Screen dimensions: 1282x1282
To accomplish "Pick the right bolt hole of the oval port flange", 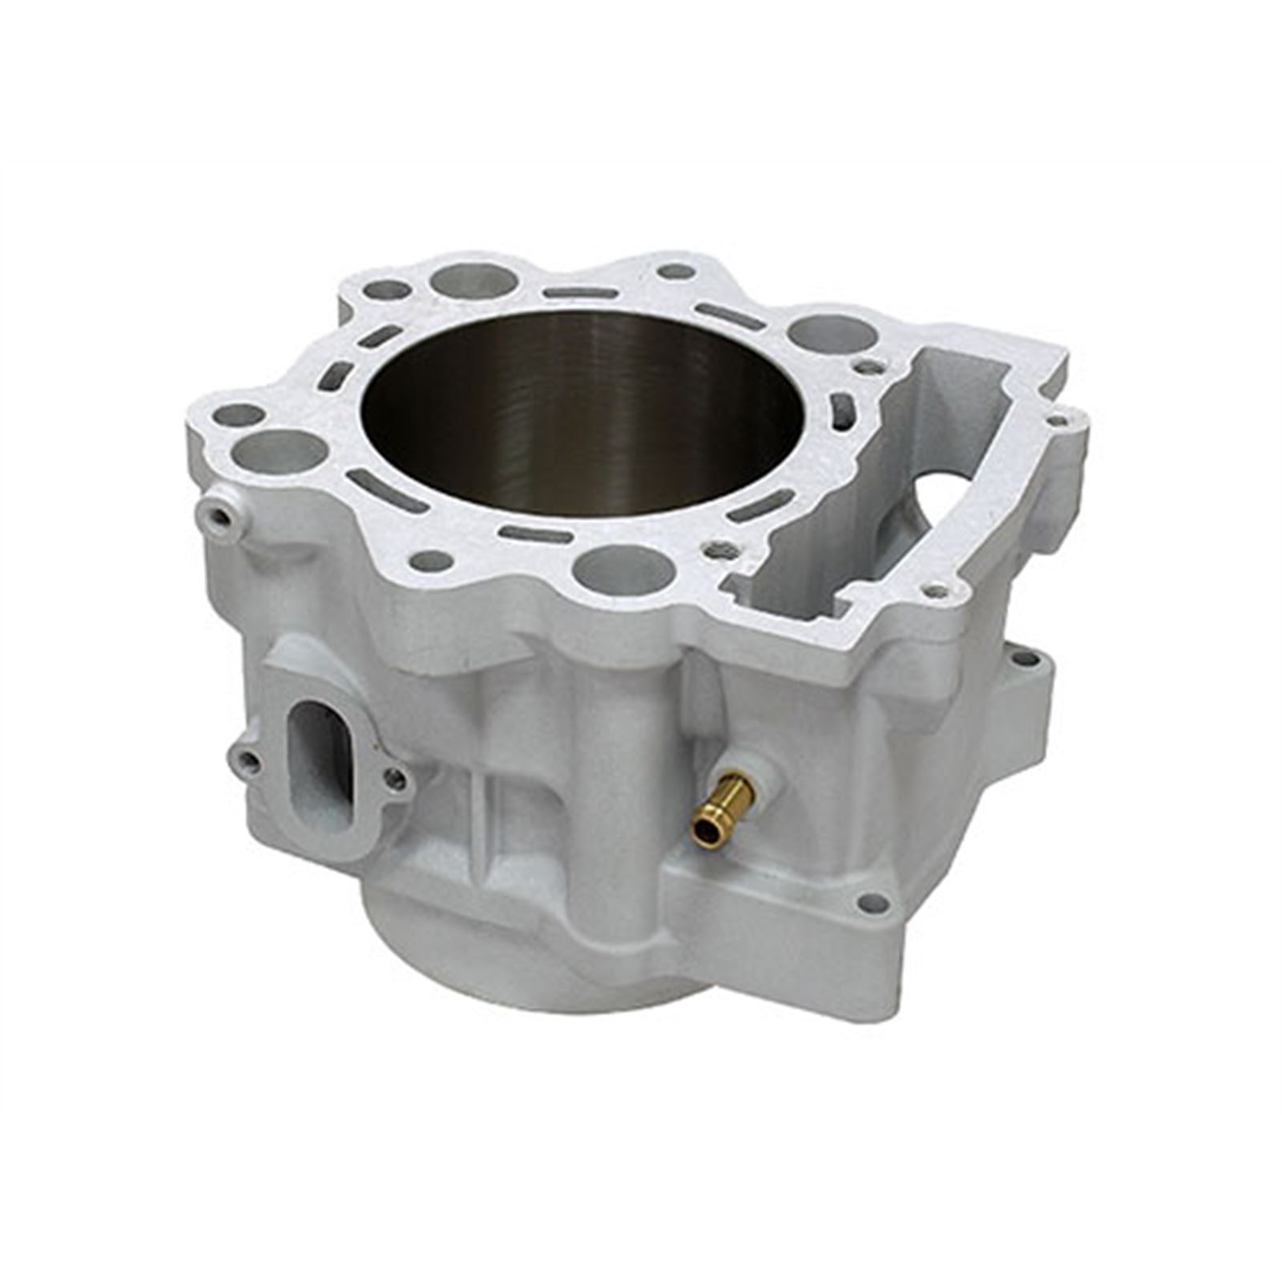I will (394, 775).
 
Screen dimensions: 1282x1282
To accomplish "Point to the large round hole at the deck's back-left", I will (474, 280).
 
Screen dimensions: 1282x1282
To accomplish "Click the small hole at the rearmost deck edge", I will (677, 272).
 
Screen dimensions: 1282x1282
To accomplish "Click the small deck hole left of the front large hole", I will (430, 561).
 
